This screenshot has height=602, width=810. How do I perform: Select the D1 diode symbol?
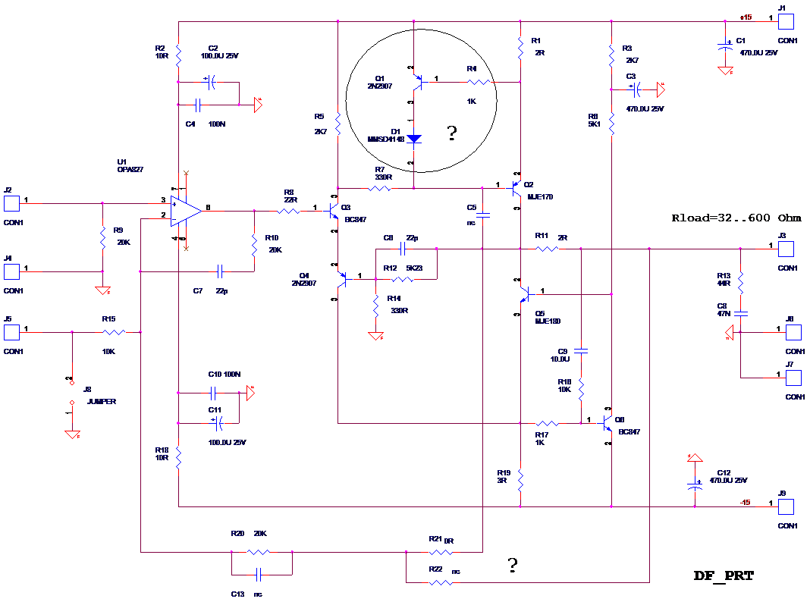point(413,139)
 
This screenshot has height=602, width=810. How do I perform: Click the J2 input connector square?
point(11,203)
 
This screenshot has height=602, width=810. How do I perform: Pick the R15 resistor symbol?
point(115,332)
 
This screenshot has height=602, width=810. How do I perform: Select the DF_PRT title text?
point(724,576)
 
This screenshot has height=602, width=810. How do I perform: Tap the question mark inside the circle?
point(452,135)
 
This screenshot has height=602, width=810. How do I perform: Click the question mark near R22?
point(513,565)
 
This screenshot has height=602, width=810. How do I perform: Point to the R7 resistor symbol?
point(379,188)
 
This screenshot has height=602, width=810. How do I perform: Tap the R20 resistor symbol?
point(259,552)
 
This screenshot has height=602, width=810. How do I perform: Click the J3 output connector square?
point(786,249)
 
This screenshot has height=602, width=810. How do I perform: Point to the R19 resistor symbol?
point(520,479)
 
